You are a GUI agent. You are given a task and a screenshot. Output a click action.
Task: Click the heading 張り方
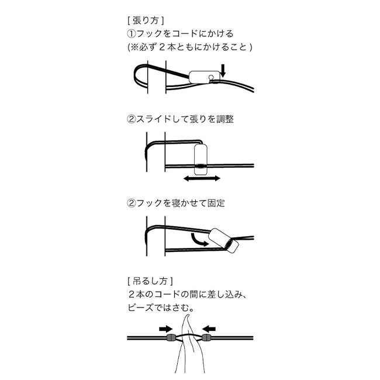coord(146,20)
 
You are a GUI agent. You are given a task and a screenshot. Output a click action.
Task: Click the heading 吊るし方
coord(150,281)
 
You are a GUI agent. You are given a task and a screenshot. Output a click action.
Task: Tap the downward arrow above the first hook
coord(223,70)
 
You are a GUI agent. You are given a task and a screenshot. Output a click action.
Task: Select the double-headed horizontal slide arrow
coord(202,179)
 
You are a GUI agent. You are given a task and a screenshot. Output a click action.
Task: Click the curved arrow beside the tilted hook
coord(198,240)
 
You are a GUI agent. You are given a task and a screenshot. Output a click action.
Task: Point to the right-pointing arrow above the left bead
coord(166,329)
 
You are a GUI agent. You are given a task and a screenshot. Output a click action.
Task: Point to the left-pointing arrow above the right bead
coord(209,329)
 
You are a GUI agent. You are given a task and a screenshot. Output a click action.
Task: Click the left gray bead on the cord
coord(172,337)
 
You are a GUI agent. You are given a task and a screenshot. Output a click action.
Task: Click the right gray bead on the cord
coord(206,337)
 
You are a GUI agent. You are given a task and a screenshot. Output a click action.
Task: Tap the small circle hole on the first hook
coord(211,78)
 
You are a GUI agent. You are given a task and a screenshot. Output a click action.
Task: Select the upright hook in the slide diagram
coord(201,160)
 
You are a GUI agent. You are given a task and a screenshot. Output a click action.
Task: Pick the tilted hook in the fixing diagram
coord(223,240)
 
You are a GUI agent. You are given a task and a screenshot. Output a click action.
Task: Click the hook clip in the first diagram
coord(204,77)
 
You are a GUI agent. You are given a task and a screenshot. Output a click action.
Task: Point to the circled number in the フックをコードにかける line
coord(132,34)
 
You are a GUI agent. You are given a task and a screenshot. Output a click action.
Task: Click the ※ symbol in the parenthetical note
coord(134,47)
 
